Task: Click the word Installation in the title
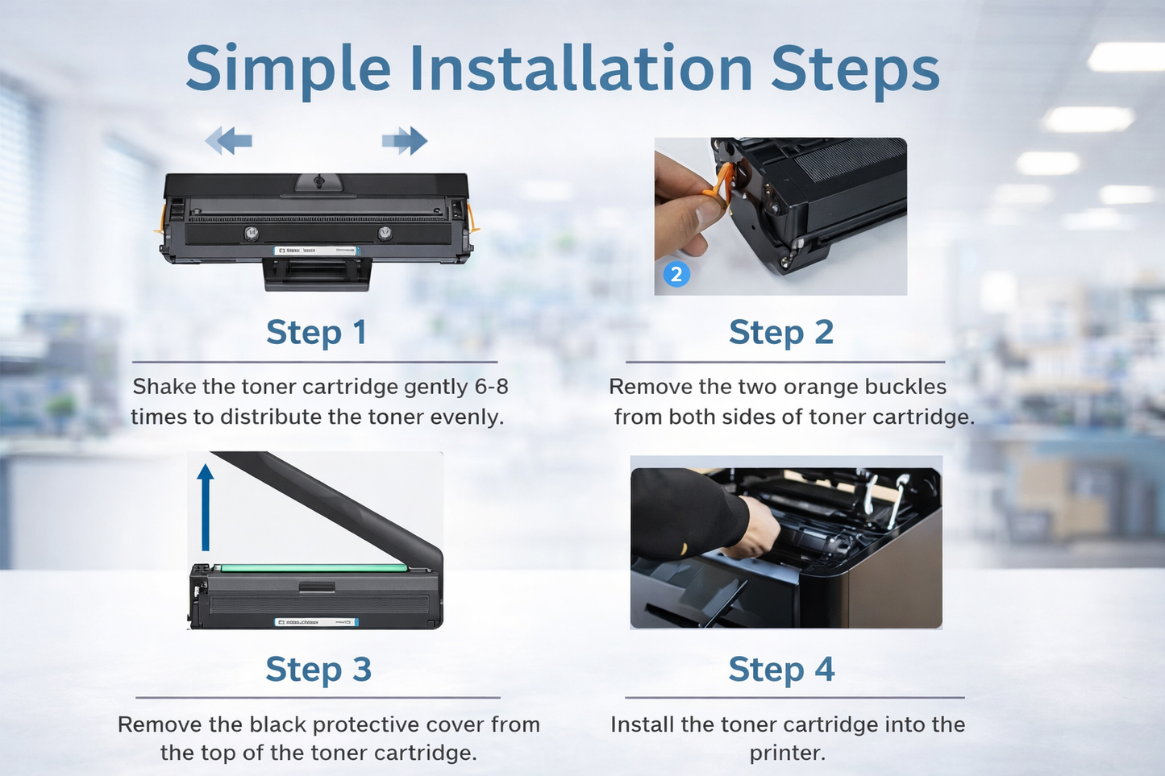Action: click(580, 68)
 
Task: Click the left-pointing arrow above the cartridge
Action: click(229, 140)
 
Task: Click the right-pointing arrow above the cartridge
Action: click(405, 140)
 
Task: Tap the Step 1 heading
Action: click(316, 332)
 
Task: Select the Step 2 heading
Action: click(780, 332)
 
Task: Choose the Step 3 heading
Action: click(318, 669)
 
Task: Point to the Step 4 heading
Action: click(780, 669)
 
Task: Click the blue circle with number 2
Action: click(676, 275)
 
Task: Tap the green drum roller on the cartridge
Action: click(314, 567)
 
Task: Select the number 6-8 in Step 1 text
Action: click(491, 387)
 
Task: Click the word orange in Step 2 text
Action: click(820, 387)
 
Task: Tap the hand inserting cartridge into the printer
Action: click(754, 528)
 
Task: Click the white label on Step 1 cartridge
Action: click(314, 251)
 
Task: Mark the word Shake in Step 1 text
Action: click(164, 387)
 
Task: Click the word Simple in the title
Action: click(288, 70)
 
